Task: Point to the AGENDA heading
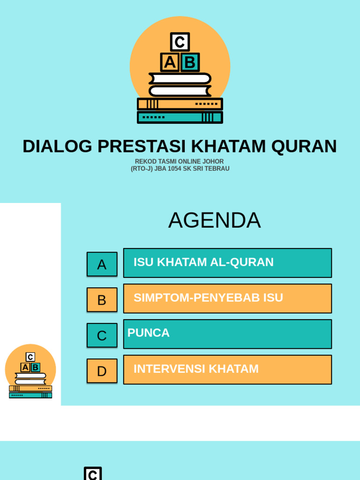tap(214, 220)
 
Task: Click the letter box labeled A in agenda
tap(102, 264)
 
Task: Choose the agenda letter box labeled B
tap(102, 300)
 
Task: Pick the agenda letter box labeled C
tap(102, 336)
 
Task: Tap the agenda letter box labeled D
tap(102, 371)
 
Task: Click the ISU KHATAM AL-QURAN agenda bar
tap(227, 263)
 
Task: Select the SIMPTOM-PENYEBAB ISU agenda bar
tap(227, 299)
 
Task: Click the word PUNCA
tap(148, 333)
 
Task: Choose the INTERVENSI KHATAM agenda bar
tap(227, 370)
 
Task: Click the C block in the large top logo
tap(180, 42)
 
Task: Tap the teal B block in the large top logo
tap(190, 62)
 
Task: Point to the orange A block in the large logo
tap(170, 62)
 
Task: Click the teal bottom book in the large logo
tap(180, 117)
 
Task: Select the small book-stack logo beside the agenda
tap(30, 372)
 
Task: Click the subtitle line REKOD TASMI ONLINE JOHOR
tap(180, 162)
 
